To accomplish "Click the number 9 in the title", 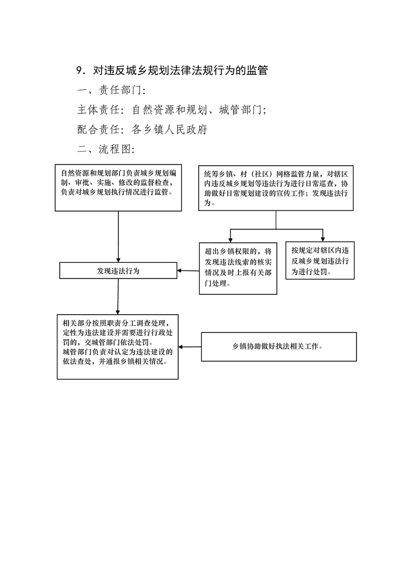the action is click(x=80, y=70).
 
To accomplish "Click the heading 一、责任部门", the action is click(x=112, y=90).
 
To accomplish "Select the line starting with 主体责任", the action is click(x=172, y=109).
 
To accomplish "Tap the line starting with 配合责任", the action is click(x=142, y=129).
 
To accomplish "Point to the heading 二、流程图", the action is click(x=106, y=149).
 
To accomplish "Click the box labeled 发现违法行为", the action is click(x=118, y=271).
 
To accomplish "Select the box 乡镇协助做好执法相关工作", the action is click(x=279, y=347).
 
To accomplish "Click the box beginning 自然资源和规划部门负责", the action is click(x=118, y=188).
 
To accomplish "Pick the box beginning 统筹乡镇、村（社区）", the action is click(x=275, y=188).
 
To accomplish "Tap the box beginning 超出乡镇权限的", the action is click(x=238, y=268).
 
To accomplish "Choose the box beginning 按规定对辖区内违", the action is click(x=320, y=260).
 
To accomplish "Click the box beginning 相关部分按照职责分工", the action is click(x=118, y=347).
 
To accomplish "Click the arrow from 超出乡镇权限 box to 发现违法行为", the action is click(x=188, y=271).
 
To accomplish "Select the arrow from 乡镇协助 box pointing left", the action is click(x=190, y=347).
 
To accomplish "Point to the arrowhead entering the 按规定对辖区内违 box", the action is click(x=323, y=239).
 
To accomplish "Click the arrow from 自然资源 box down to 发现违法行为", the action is click(x=118, y=237).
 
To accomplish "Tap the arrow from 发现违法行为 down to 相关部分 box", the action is click(x=118, y=296).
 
